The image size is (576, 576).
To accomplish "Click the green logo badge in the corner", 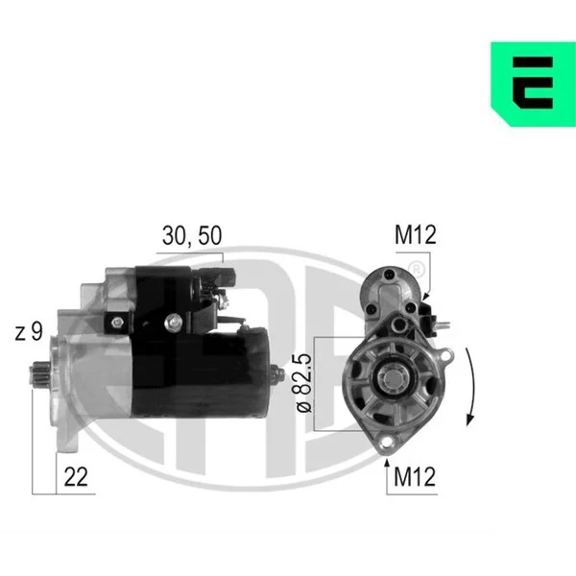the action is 533,84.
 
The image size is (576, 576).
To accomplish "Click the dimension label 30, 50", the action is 192,235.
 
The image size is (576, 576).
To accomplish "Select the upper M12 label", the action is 416,234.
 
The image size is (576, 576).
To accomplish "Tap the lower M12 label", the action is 415,477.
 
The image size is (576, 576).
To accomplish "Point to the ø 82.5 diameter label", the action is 304,383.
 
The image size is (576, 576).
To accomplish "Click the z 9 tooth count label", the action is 29,331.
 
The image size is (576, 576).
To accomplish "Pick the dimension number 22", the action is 76,477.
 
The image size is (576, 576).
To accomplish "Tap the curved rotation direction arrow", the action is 470,387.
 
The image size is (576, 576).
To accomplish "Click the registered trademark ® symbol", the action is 417,270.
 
